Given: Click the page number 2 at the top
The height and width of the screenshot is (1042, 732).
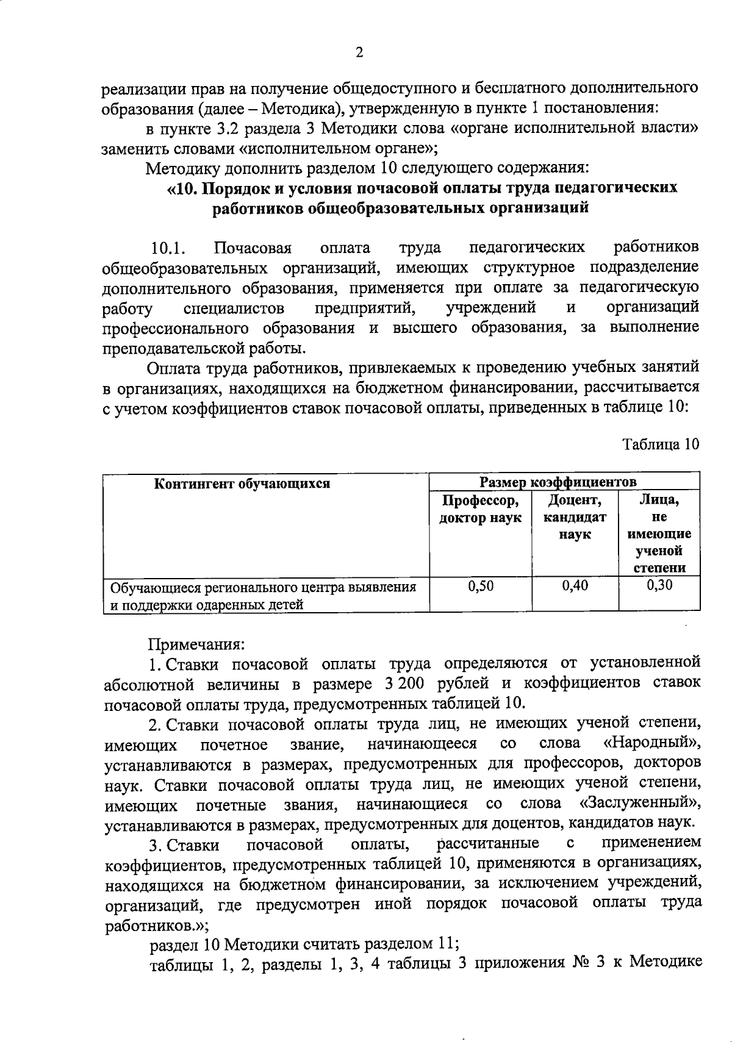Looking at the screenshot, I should coord(359,52).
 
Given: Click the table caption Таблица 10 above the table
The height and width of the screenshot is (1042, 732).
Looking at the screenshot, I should coord(660,444).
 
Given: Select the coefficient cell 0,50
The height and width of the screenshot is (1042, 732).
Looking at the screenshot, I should coord(480,587).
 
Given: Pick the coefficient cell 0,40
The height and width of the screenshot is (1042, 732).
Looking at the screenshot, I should coord(575,587).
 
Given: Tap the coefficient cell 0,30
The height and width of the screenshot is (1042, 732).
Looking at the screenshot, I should coord(659,587).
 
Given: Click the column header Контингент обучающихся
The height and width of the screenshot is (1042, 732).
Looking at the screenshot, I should coord(242,484).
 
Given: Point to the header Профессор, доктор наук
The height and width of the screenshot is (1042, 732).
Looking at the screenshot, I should coord(480,510).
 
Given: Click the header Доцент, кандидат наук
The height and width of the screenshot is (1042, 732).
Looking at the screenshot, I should coord(575,518).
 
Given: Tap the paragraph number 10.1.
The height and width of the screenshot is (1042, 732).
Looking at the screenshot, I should coord(168,249).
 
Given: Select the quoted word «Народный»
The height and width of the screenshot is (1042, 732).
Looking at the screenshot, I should coord(650,744).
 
